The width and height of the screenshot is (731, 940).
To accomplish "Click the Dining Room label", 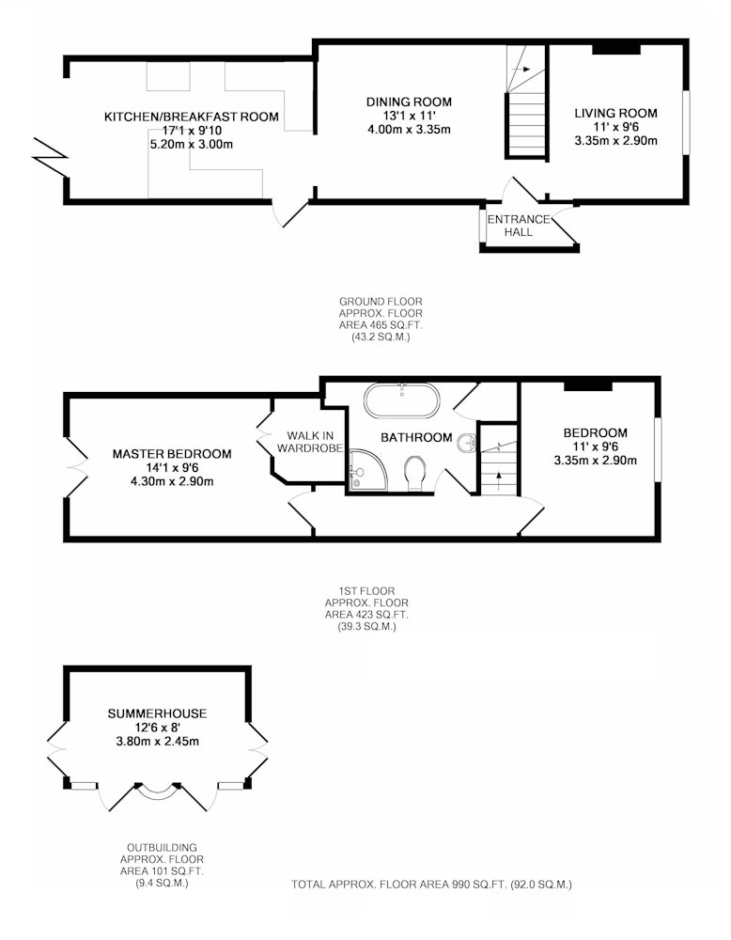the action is tap(410, 102).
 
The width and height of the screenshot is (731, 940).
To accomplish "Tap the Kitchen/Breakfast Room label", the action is tap(192, 117).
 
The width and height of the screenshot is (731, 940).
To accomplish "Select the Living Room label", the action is tap(616, 114).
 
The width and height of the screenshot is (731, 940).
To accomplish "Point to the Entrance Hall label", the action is tap(519, 226).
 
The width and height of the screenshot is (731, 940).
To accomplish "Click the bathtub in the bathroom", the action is tap(401, 400).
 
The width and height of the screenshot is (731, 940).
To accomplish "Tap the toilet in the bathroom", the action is tap(415, 473).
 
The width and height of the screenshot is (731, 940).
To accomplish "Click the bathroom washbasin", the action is tap(467, 443).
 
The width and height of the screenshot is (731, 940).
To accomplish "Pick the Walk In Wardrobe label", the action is tap(310, 442).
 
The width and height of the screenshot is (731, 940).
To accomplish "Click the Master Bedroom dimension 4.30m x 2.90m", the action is tap(172, 481).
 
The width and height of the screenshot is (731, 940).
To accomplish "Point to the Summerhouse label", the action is tap(157, 713).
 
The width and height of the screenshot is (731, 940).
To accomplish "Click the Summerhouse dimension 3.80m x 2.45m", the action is tap(157, 742).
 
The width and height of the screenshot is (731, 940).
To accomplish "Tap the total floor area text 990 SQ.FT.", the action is tap(476, 885).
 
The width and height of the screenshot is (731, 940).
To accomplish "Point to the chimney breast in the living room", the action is tap(616, 49).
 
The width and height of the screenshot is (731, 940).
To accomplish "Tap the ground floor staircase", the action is tap(527, 102).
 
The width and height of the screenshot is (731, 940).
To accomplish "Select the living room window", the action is tap(686, 123).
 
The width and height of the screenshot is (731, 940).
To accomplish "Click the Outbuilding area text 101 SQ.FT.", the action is tap(162, 871).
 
